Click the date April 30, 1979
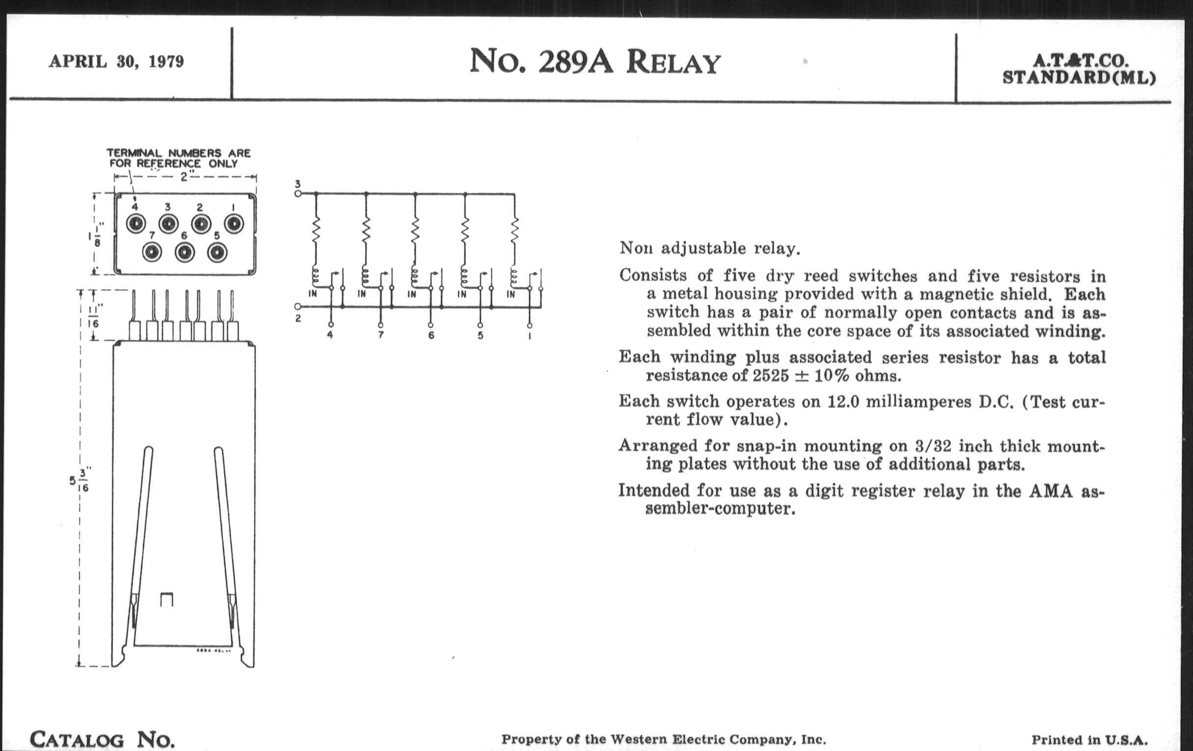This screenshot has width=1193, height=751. [116, 61]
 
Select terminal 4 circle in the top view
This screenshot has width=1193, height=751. [135, 224]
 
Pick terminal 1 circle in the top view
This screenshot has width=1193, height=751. [233, 224]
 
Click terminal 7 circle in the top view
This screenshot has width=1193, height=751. [152, 253]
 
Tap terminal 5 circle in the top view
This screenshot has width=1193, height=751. [217, 253]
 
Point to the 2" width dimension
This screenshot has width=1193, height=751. [184, 177]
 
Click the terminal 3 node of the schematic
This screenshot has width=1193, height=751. [298, 193]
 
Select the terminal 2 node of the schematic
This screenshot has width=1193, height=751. [298, 307]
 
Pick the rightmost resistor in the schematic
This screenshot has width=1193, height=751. [514, 230]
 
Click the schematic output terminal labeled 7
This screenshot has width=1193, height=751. [381, 326]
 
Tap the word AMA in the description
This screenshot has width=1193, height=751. [1050, 491]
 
